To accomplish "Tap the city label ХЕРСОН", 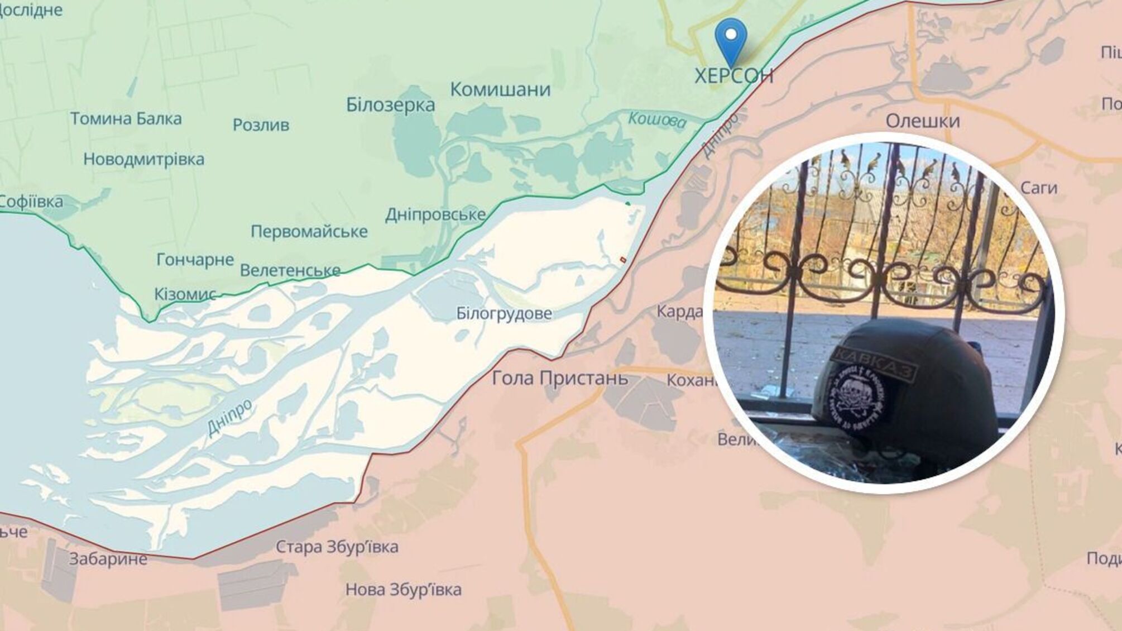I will pos(734,75).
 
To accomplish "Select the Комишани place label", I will pos(500,89).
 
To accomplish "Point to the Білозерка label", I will pos(390,105).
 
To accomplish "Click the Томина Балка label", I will pos(126,118).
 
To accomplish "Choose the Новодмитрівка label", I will pos(143,159).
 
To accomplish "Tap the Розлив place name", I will pos(261,125).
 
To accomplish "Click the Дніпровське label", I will pos(435,214).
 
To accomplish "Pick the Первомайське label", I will pos(309,231).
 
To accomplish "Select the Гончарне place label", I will pos(195,260).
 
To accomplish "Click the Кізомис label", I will pos(185,294).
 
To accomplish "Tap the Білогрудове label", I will pos(504,313).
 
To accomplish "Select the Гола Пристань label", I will pos(560,379).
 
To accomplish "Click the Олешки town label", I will pos(923,121).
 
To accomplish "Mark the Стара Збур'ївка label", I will pos(337,547).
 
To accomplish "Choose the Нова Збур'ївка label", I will pos(403,589).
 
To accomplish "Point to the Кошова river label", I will pos(656,119).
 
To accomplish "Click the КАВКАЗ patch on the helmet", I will pos(875,364).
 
